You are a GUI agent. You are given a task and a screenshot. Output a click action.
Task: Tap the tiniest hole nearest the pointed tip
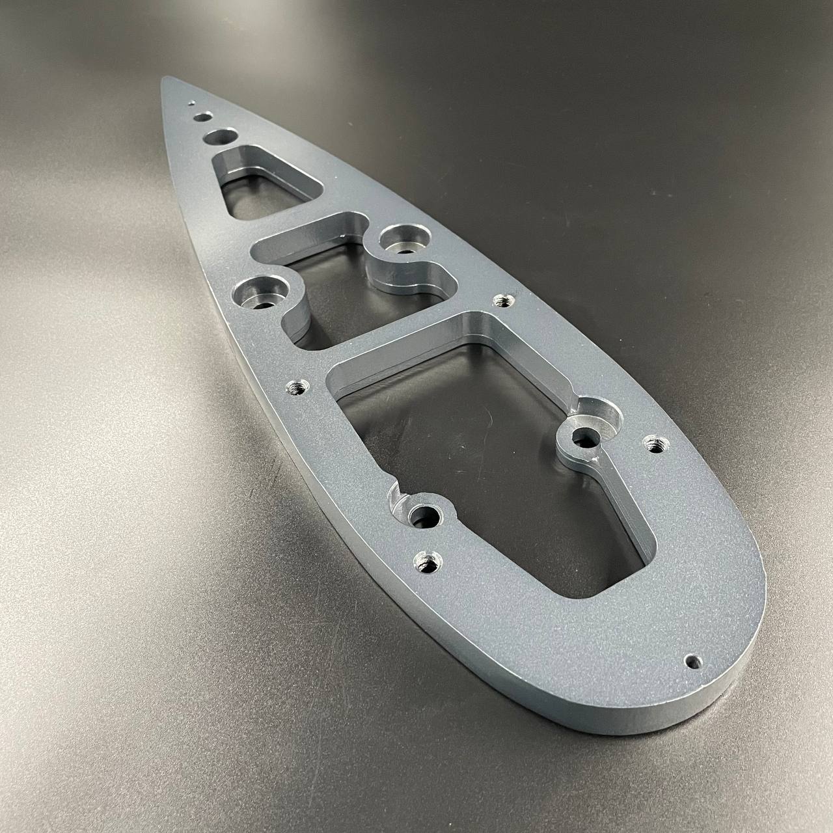191,103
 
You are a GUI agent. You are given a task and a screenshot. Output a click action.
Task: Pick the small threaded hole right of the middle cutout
502,301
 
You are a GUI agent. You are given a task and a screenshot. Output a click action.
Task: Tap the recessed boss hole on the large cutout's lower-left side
426,517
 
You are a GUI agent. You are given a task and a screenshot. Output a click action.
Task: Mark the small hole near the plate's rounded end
694,661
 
